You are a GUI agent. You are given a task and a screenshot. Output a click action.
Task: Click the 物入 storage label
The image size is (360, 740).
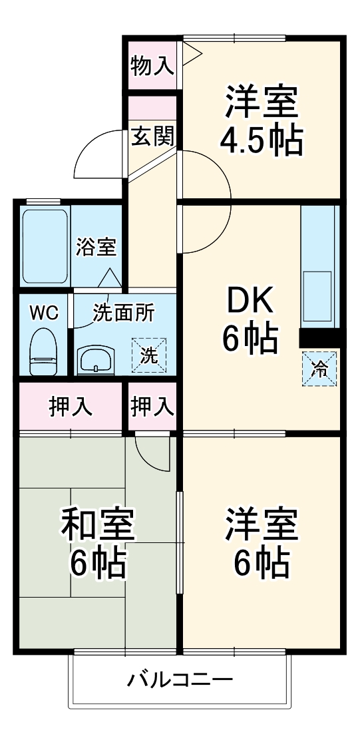(x=152, y=66)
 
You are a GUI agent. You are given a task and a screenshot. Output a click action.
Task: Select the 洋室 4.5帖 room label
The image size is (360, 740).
(x=261, y=120)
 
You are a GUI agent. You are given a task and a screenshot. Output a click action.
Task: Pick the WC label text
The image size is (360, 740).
(x=42, y=312)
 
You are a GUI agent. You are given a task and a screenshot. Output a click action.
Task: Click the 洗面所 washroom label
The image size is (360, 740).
(x=123, y=312)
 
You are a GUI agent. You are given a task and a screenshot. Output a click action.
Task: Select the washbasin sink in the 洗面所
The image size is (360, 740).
(x=98, y=361)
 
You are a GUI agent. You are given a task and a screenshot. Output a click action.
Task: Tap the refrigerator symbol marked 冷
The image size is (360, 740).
(x=320, y=368)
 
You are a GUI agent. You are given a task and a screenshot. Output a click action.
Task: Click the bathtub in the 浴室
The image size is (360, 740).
(x=45, y=246)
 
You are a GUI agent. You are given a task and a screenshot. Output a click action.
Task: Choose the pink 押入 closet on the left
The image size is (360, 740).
(x=71, y=406)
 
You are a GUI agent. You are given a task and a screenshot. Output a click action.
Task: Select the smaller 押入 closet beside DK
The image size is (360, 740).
(x=152, y=406)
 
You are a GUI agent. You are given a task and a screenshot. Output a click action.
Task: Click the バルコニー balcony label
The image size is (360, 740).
(x=180, y=680)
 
